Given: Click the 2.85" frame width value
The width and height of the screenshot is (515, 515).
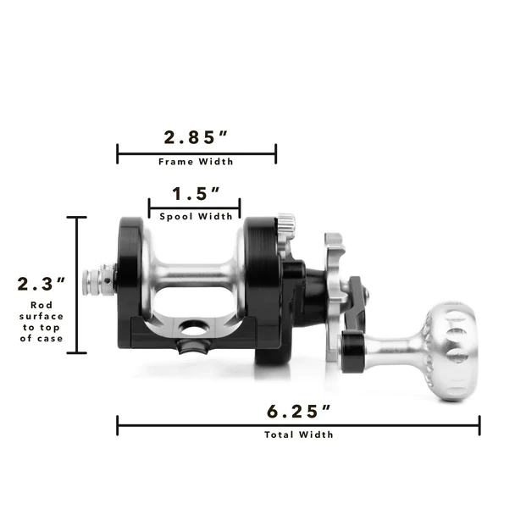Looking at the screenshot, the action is (196, 137).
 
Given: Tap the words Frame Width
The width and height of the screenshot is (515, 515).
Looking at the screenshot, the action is (196, 162).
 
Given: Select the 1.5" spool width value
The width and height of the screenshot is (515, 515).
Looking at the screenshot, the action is (196, 193).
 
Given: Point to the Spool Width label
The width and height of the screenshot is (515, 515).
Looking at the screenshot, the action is (196, 217).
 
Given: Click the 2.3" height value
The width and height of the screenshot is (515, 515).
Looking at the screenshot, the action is (42, 284).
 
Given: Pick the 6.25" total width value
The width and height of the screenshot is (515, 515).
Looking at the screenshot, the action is (298, 412).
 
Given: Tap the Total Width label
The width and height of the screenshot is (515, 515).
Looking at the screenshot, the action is (298, 435).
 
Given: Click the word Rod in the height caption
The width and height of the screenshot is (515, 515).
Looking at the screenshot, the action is (42, 306).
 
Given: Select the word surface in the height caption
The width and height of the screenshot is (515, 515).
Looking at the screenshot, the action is (42, 317).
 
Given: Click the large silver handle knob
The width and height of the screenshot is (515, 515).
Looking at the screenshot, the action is (451, 351).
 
